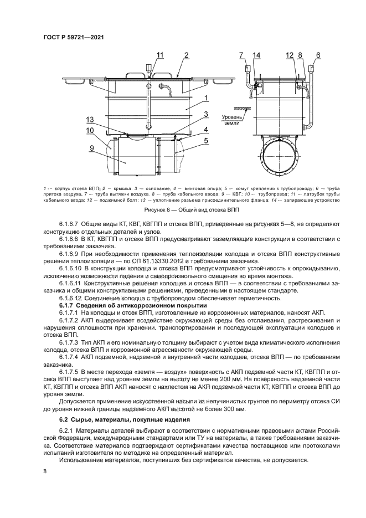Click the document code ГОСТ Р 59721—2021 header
click(74, 38)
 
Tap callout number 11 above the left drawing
click(160, 54)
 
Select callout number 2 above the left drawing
click(187, 54)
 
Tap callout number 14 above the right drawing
click(256, 54)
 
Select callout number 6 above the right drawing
click(318, 54)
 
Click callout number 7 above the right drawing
click(242, 54)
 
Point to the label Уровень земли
click(232, 121)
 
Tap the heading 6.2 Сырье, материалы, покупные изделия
click(125, 420)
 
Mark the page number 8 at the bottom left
click(45, 471)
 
